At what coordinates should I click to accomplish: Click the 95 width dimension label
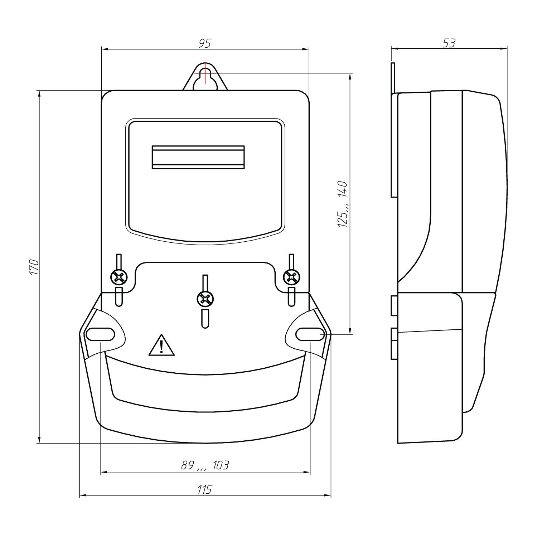click(205, 43)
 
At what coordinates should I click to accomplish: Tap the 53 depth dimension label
click(449, 43)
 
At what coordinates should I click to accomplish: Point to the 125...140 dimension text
click(342, 204)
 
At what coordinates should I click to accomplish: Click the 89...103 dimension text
click(205, 465)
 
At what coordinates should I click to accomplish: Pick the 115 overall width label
click(205, 489)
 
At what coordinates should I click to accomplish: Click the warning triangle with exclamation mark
click(162, 345)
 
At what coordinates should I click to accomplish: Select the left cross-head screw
click(119, 277)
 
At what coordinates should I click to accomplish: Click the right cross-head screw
click(291, 277)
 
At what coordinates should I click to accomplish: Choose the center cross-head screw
click(205, 299)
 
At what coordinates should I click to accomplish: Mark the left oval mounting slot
click(101, 334)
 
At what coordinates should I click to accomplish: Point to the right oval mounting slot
click(310, 334)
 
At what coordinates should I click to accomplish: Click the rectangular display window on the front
click(198, 157)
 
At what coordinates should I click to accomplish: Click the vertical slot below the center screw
click(205, 319)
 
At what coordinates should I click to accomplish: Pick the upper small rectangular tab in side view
click(394, 305)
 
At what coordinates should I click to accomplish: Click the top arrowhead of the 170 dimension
click(39, 94)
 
